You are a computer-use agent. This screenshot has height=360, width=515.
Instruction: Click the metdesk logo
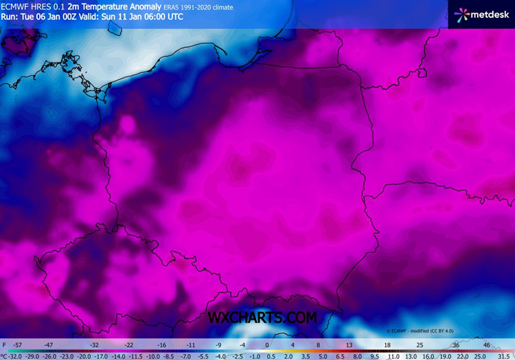pos(481,14)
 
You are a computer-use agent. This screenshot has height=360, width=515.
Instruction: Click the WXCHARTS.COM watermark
pos(262,317)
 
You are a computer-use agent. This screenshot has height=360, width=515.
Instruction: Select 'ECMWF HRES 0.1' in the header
pos(33,7)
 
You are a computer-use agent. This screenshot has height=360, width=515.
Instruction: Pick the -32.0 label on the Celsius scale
pos(15,356)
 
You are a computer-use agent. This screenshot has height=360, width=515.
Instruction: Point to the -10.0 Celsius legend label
pos(153,356)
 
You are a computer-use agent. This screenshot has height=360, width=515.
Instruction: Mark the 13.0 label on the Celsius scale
pos(410,356)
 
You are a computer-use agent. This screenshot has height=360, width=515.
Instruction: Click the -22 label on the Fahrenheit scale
pos(128,344)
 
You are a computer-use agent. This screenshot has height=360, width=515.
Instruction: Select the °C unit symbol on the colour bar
pos(3,356)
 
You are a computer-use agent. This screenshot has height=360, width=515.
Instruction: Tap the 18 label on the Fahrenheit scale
pos(387,344)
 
